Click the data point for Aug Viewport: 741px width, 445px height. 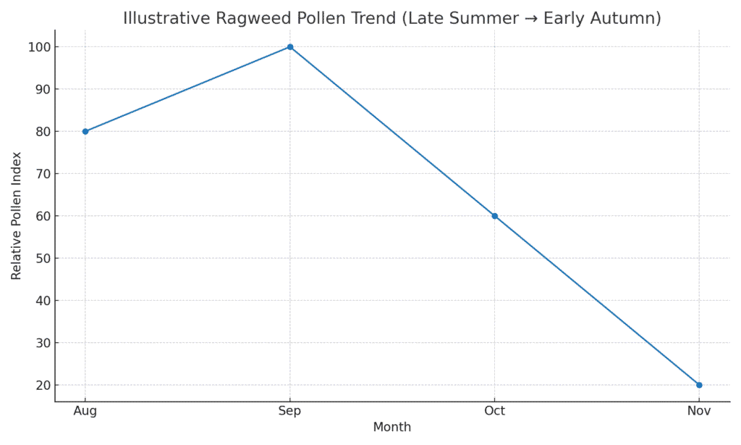(x=85, y=131)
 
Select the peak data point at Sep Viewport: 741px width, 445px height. (x=290, y=47)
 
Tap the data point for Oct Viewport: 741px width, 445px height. (x=495, y=216)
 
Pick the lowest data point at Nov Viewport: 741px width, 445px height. (x=699, y=385)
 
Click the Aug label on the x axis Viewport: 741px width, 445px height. (x=85, y=411)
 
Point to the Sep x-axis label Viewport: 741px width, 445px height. (x=290, y=411)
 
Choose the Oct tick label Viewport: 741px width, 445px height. (x=495, y=411)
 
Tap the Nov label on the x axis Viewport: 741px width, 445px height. (x=699, y=411)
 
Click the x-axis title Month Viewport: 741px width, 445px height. (x=392, y=428)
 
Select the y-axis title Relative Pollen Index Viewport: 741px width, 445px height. (x=17, y=216)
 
